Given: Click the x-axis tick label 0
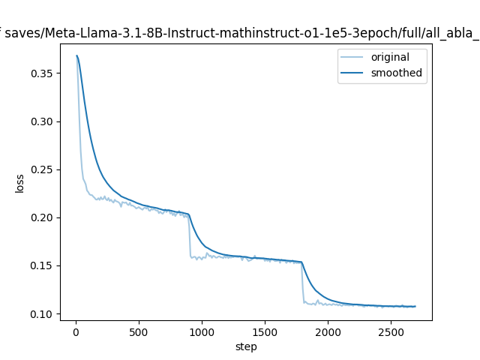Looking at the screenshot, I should [x=76, y=332].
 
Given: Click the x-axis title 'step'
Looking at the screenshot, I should [x=246, y=346].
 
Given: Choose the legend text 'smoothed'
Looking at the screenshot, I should [x=396, y=73].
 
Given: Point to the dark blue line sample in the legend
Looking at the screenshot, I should [x=354, y=73].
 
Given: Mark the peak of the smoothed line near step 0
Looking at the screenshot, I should [x=76, y=55].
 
